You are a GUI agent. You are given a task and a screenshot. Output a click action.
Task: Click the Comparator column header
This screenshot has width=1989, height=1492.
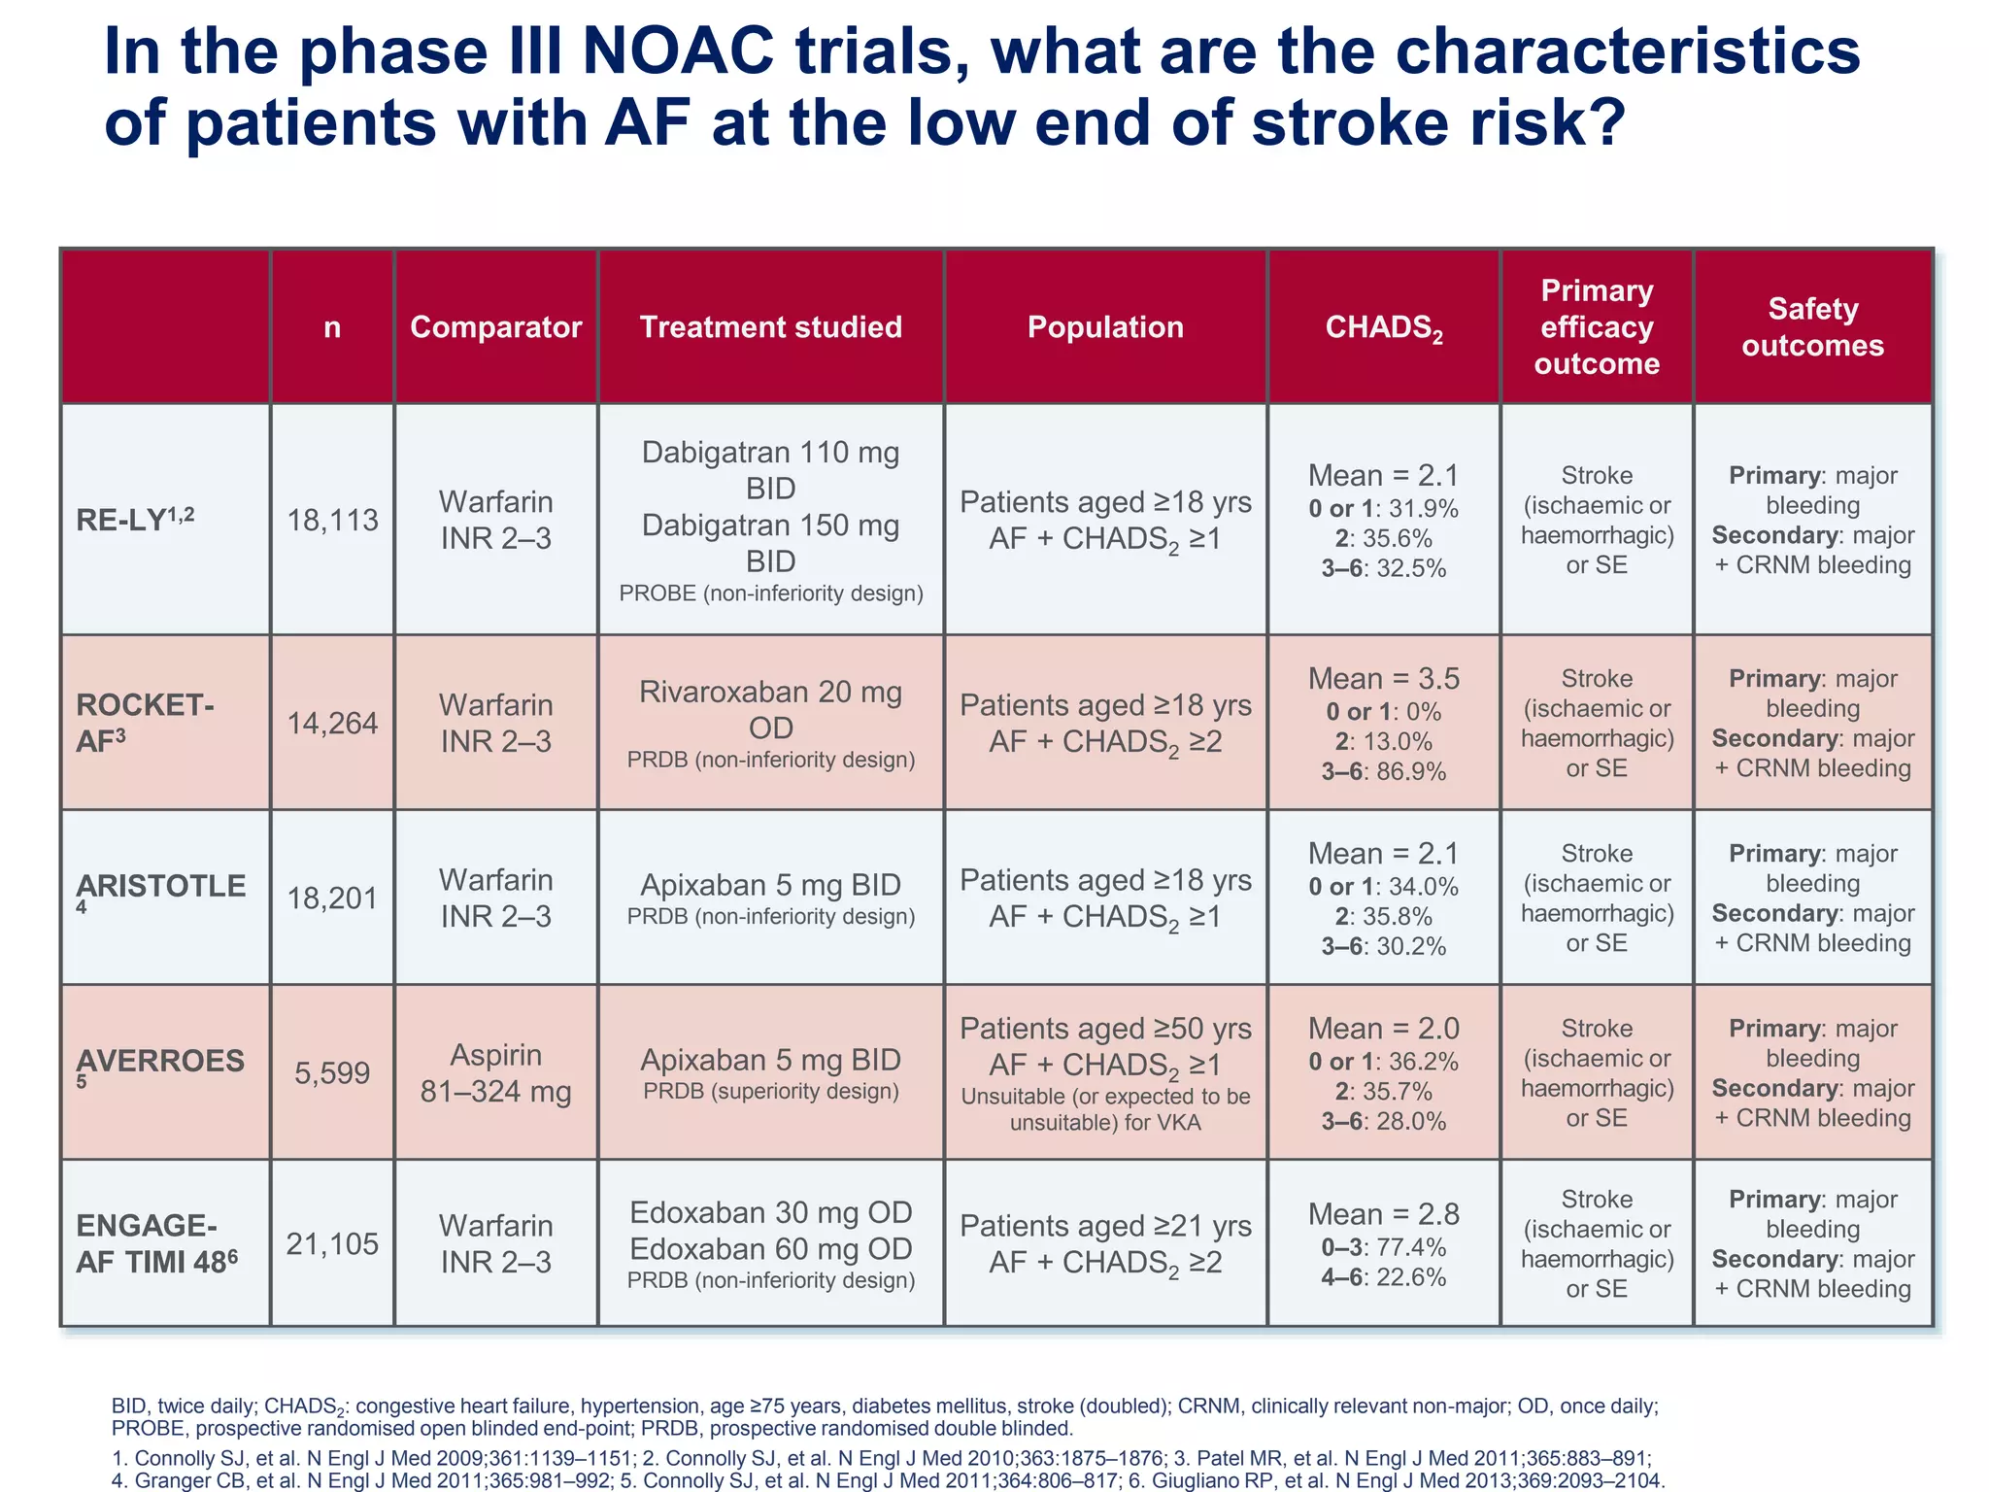tap(495, 327)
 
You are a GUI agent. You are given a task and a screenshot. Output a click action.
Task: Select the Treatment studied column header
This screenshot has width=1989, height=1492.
tap(770, 327)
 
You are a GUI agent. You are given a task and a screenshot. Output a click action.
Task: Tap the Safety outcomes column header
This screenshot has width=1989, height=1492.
tap(1812, 327)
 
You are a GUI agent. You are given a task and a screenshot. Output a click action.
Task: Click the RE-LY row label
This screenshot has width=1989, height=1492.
tap(135, 520)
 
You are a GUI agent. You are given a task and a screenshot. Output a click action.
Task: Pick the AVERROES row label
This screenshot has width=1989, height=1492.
tap(160, 1063)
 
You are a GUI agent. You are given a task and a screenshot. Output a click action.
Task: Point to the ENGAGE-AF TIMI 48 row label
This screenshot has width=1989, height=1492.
tap(155, 1243)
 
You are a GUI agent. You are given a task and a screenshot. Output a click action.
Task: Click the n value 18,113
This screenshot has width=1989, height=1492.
tap(332, 521)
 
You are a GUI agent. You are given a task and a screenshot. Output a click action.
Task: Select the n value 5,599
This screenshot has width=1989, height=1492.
tap(332, 1073)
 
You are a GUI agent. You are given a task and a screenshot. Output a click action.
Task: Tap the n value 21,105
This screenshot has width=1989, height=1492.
tap(332, 1244)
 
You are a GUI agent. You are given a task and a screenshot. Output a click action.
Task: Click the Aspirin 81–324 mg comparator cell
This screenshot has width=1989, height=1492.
tap(495, 1073)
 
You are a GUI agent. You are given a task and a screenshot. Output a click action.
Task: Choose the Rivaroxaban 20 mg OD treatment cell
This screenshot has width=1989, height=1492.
tap(770, 710)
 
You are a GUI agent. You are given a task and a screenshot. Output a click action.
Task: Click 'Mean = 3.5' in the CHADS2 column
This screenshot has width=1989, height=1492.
tap(1383, 679)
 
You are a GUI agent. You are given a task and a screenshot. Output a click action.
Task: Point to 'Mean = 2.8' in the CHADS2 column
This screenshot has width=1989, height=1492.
tap(1383, 1214)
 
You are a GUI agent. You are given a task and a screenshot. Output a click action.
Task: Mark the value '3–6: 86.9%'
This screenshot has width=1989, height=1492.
tap(1383, 772)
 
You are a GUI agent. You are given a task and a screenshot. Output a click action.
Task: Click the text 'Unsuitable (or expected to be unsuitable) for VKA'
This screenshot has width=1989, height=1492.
tap(1105, 1109)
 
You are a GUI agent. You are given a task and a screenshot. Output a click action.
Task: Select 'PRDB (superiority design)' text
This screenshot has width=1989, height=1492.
tap(770, 1092)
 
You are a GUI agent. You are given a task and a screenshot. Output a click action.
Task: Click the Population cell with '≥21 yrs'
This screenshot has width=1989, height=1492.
tap(1105, 1244)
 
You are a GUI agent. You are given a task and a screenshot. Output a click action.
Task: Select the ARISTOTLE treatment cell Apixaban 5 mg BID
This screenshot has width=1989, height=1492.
tap(770, 886)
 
